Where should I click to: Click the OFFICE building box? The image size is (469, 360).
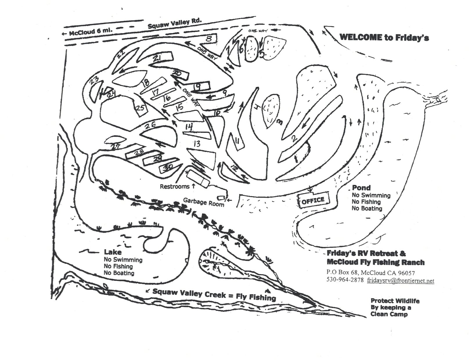pyautogui.click(x=313, y=200)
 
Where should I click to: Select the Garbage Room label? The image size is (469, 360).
pyautogui.click(x=204, y=202)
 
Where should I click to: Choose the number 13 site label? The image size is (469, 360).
pyautogui.click(x=197, y=143)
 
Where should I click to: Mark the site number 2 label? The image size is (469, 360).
pyautogui.click(x=294, y=139)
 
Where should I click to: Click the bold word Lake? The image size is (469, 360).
pyautogui.click(x=113, y=252)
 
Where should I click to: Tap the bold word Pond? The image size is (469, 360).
pyautogui.click(x=361, y=188)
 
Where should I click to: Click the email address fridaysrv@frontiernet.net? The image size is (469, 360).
pyautogui.click(x=400, y=280)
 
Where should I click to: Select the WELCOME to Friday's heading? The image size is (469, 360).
pyautogui.click(x=384, y=37)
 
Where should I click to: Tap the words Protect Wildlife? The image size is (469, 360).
pyautogui.click(x=395, y=301)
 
